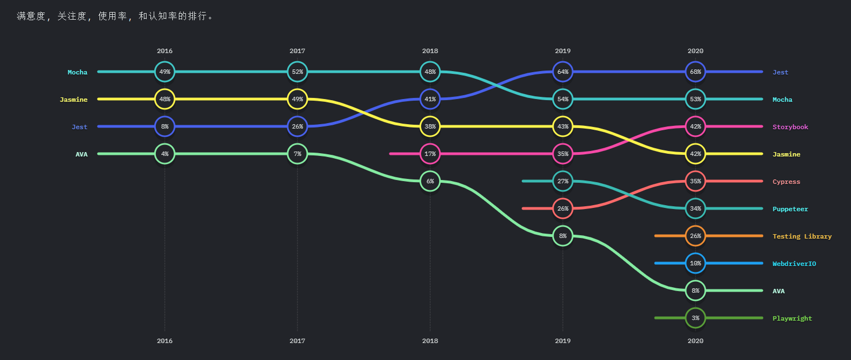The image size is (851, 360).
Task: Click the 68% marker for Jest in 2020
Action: pos(695,72)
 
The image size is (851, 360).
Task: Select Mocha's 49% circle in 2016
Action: pos(165,72)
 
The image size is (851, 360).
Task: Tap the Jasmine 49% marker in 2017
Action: pos(298,99)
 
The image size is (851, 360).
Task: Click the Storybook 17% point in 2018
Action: pos(430,154)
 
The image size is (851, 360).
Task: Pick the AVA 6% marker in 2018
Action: pos(430,181)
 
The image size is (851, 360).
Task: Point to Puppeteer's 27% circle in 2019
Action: pos(563,181)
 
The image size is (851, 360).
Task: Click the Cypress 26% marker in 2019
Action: pos(563,208)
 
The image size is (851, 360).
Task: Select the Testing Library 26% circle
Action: pos(695,236)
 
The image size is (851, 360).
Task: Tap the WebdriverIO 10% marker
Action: pos(695,263)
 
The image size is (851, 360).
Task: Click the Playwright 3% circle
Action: pos(695,318)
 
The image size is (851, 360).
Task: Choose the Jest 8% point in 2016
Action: pos(165,126)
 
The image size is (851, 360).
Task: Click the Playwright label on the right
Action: pos(792,318)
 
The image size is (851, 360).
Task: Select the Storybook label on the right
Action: pos(790,127)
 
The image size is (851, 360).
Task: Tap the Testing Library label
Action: pos(802,236)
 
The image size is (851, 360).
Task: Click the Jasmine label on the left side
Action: pos(73,100)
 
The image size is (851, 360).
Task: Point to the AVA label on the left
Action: pos(81,154)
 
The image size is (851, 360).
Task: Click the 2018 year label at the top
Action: pos(430,51)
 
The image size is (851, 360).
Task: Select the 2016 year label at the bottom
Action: pos(165,340)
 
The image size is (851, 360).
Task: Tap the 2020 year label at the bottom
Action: pos(695,340)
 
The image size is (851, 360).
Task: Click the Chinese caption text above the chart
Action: pos(115,16)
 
